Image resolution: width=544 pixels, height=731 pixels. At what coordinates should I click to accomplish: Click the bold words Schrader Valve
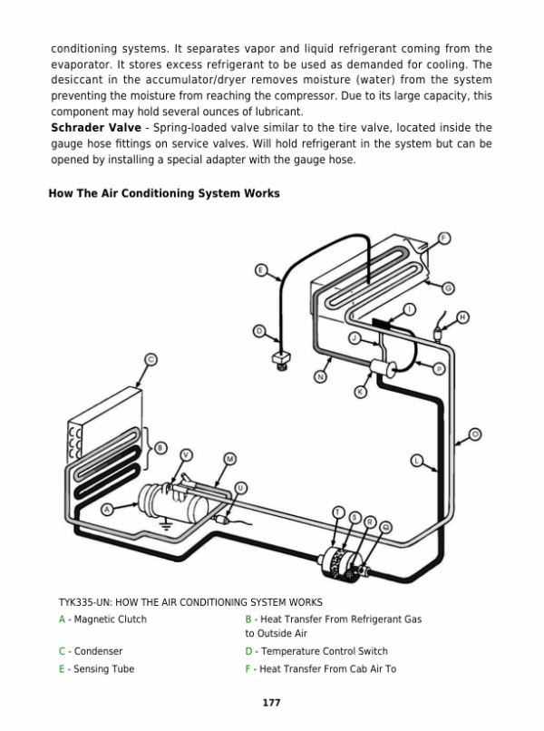coord(95,128)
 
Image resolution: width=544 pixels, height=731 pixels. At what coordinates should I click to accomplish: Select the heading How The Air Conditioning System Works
coord(164,193)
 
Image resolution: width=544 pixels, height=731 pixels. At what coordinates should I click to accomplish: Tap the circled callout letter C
coord(151,359)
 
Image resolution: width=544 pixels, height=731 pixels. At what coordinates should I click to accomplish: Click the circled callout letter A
coord(108,509)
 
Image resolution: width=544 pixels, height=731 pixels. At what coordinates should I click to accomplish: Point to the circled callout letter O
coord(476,434)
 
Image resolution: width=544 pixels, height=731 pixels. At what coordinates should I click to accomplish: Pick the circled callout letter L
coord(418,460)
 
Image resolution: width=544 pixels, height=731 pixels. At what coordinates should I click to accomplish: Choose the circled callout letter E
coord(261,270)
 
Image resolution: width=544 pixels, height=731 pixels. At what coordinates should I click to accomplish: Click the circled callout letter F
coord(443,238)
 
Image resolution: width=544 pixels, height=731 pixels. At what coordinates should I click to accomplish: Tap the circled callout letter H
coord(462,317)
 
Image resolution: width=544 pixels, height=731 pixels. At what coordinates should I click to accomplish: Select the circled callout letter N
coord(321,375)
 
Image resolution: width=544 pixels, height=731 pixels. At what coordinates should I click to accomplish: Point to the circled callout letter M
coord(230,459)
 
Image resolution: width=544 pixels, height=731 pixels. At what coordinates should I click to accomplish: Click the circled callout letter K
coord(359,392)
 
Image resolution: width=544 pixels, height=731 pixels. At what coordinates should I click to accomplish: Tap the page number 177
coord(271,702)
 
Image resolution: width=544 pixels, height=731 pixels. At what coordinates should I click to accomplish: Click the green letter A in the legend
coord(62,619)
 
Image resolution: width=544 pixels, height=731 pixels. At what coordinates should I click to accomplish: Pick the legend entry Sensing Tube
coord(99,669)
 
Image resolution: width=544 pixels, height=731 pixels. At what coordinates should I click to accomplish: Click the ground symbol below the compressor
coord(166,524)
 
